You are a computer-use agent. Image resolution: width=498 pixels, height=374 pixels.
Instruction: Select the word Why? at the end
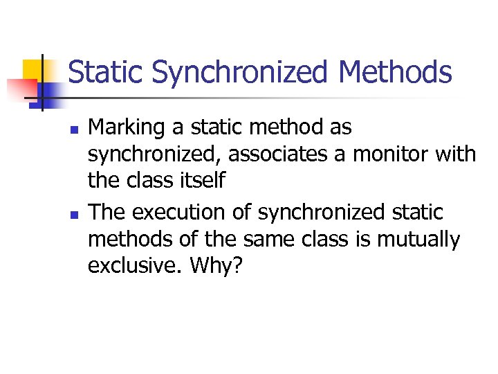[219, 265]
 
